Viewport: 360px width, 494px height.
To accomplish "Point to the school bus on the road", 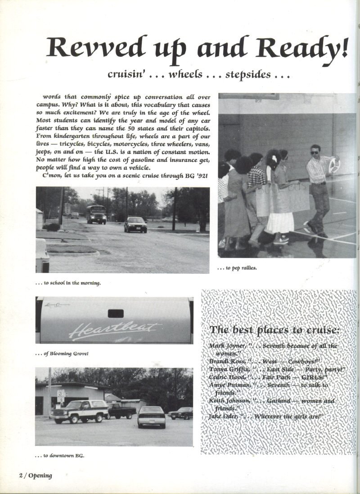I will [96, 214].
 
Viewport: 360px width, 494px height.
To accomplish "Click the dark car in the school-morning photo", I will [135, 224].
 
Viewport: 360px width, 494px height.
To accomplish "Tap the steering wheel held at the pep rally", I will [334, 165].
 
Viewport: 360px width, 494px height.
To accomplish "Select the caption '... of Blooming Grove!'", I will [62, 354].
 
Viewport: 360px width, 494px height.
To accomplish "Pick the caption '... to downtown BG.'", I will [60, 455].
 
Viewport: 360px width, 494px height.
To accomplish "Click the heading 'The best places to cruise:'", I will [274, 330].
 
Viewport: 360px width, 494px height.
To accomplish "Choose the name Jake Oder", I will [224, 417].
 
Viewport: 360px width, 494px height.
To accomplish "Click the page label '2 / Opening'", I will [35, 476].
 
